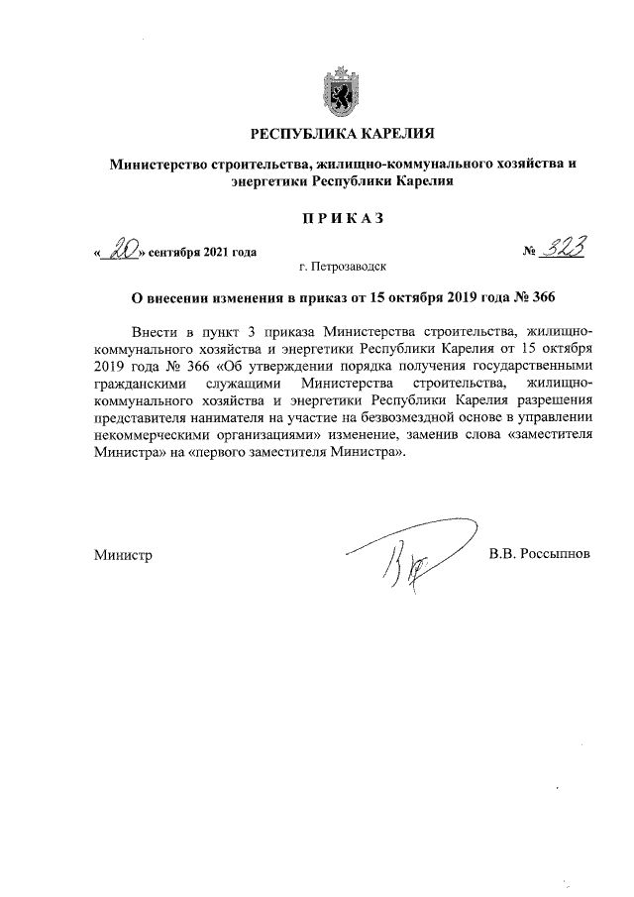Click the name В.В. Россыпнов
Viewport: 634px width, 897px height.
tap(540, 554)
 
